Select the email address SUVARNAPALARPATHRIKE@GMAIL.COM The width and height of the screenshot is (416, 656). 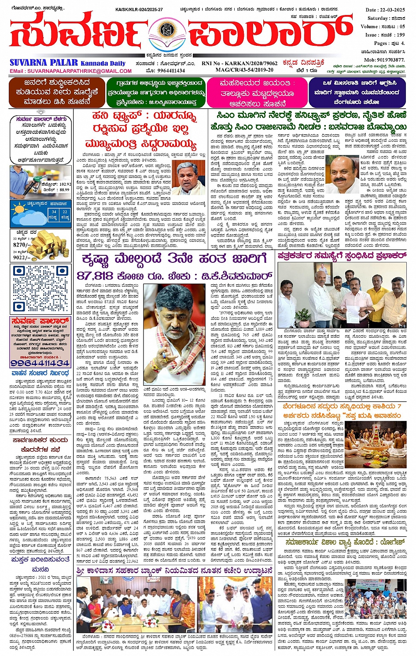point(79,71)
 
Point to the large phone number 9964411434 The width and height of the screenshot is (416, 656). point(40,363)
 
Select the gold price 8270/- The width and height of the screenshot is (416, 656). point(22,245)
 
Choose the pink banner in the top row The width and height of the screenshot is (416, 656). point(258,92)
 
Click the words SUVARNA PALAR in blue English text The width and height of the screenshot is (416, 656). point(44,63)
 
